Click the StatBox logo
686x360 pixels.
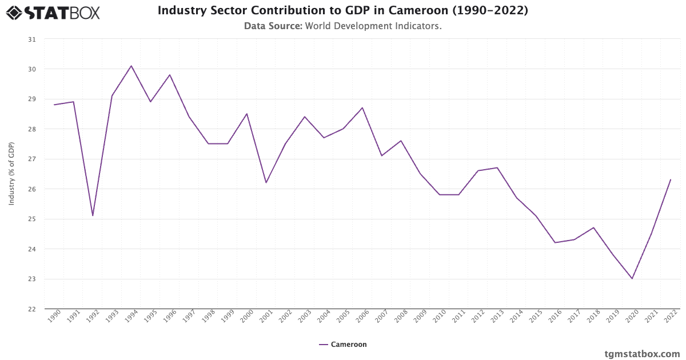pyautogui.click(x=53, y=13)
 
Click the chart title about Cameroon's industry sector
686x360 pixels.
pyautogui.click(x=342, y=11)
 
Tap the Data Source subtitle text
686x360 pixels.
pyautogui.click(x=342, y=26)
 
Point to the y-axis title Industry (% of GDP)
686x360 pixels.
pyautogui.click(x=11, y=174)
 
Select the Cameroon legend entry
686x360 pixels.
pyautogui.click(x=343, y=345)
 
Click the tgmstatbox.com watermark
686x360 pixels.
pyautogui.click(x=642, y=354)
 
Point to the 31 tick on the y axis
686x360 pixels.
pyautogui.click(x=31, y=39)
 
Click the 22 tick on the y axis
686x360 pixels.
pyautogui.click(x=31, y=309)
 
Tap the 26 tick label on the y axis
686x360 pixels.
pyautogui.click(x=31, y=189)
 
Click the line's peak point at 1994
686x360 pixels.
pyautogui.click(x=131, y=66)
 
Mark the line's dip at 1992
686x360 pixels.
pyautogui.click(x=93, y=215)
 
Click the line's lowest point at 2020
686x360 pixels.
pyautogui.click(x=632, y=279)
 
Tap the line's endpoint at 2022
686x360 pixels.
pyautogui.click(x=671, y=179)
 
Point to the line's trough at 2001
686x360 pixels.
pyautogui.click(x=266, y=183)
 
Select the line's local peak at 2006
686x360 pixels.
pyautogui.click(x=362, y=107)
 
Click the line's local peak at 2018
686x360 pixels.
pyautogui.click(x=593, y=227)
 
